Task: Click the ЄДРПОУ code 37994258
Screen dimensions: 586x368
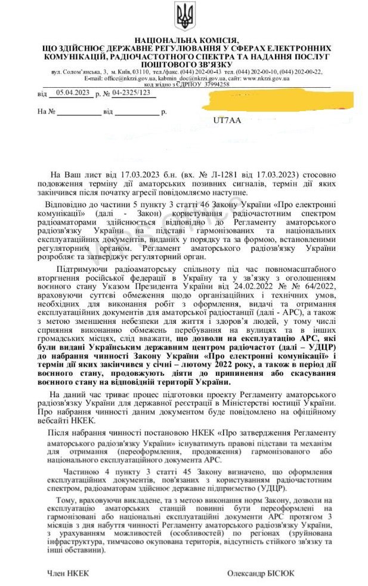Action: click(x=213, y=84)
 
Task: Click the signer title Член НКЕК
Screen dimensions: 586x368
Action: click(x=69, y=572)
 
